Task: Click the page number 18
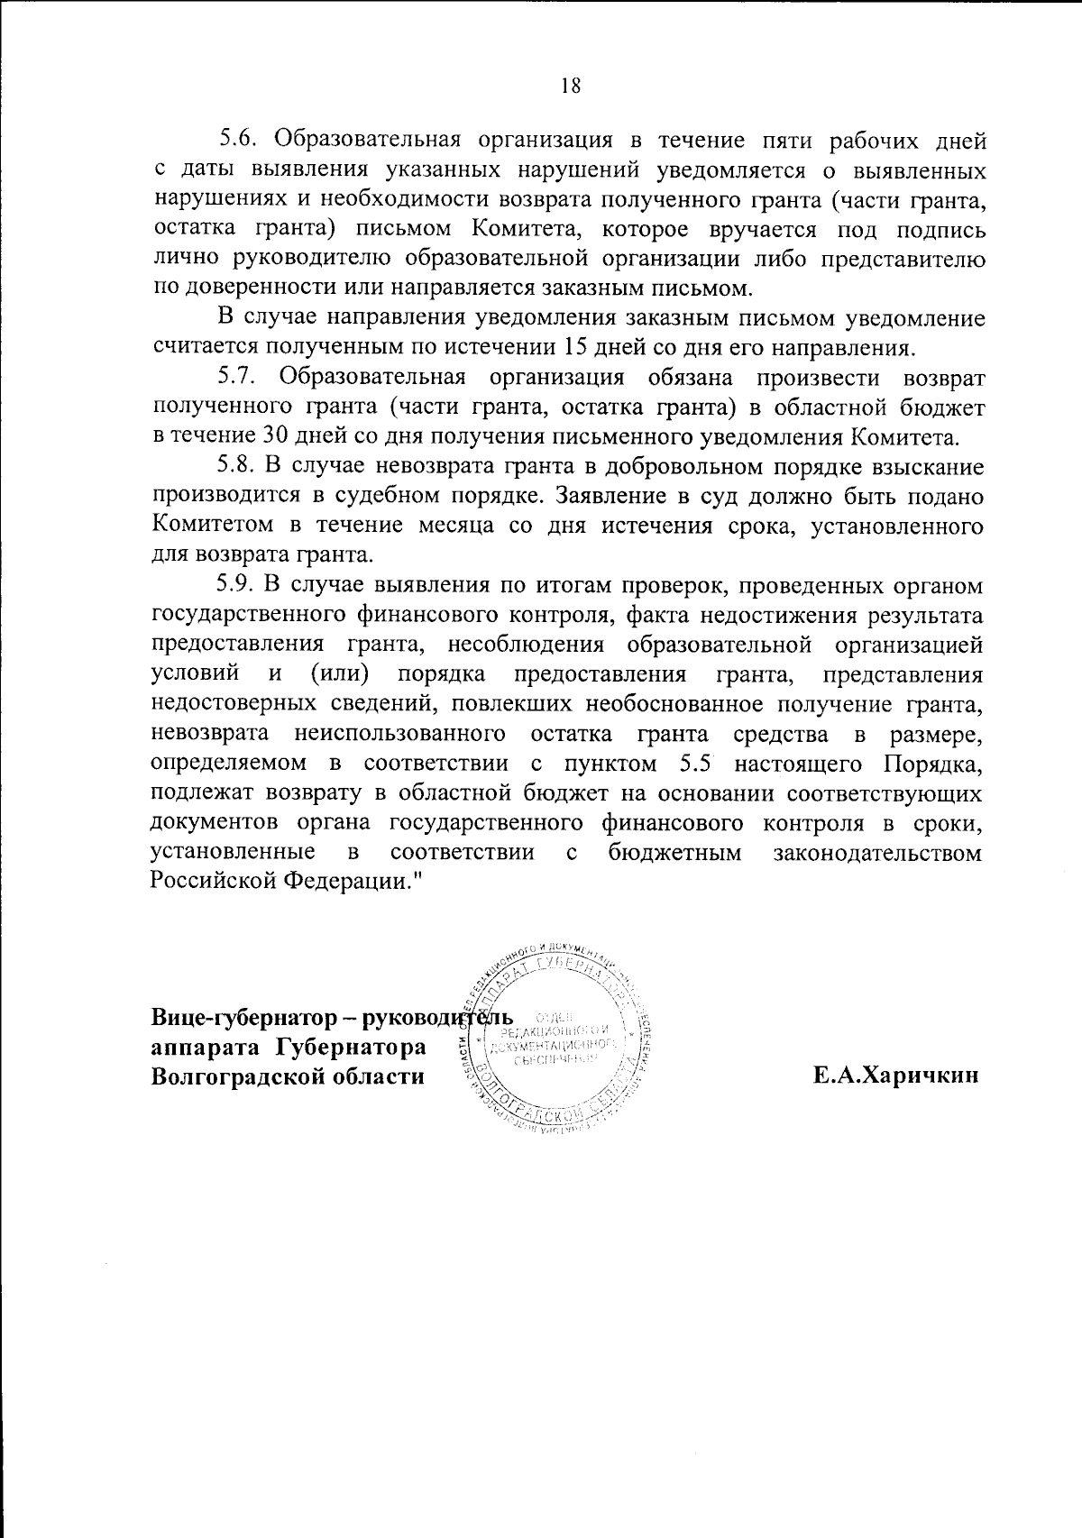[x=569, y=86]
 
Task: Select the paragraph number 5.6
[x=239, y=142]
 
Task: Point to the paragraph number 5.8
[x=239, y=467]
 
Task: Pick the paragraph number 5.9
[x=239, y=585]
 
